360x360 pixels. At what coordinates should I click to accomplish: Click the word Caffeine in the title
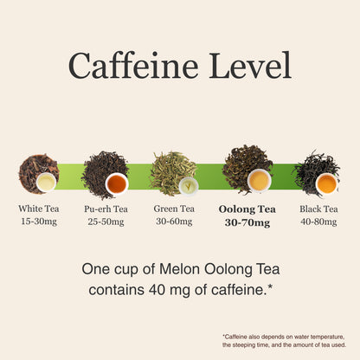[x=133, y=65]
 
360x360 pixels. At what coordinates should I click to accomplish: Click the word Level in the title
[x=250, y=65]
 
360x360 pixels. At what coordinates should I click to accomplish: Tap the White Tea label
[x=39, y=209]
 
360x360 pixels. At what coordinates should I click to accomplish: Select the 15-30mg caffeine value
[x=39, y=222]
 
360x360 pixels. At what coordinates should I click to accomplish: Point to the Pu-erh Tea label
[x=106, y=209]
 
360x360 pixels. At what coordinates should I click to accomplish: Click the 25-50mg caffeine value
[x=106, y=222]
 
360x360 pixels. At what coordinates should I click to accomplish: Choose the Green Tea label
[x=174, y=209]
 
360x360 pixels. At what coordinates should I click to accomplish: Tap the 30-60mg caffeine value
[x=174, y=222]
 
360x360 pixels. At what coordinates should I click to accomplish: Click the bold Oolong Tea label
[x=247, y=209]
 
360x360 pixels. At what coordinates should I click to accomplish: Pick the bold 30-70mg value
[x=247, y=222]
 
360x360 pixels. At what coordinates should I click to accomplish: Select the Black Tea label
[x=318, y=209]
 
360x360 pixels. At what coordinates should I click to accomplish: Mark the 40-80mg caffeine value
[x=318, y=222]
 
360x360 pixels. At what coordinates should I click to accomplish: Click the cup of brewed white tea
[x=46, y=183]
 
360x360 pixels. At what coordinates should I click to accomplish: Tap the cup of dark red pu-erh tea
[x=117, y=184]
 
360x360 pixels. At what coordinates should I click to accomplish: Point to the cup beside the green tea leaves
[x=189, y=186]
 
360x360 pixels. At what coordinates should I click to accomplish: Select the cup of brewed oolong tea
[x=260, y=181]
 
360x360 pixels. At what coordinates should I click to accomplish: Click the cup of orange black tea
[x=327, y=183]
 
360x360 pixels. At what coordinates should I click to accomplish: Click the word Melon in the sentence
[x=179, y=269]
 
